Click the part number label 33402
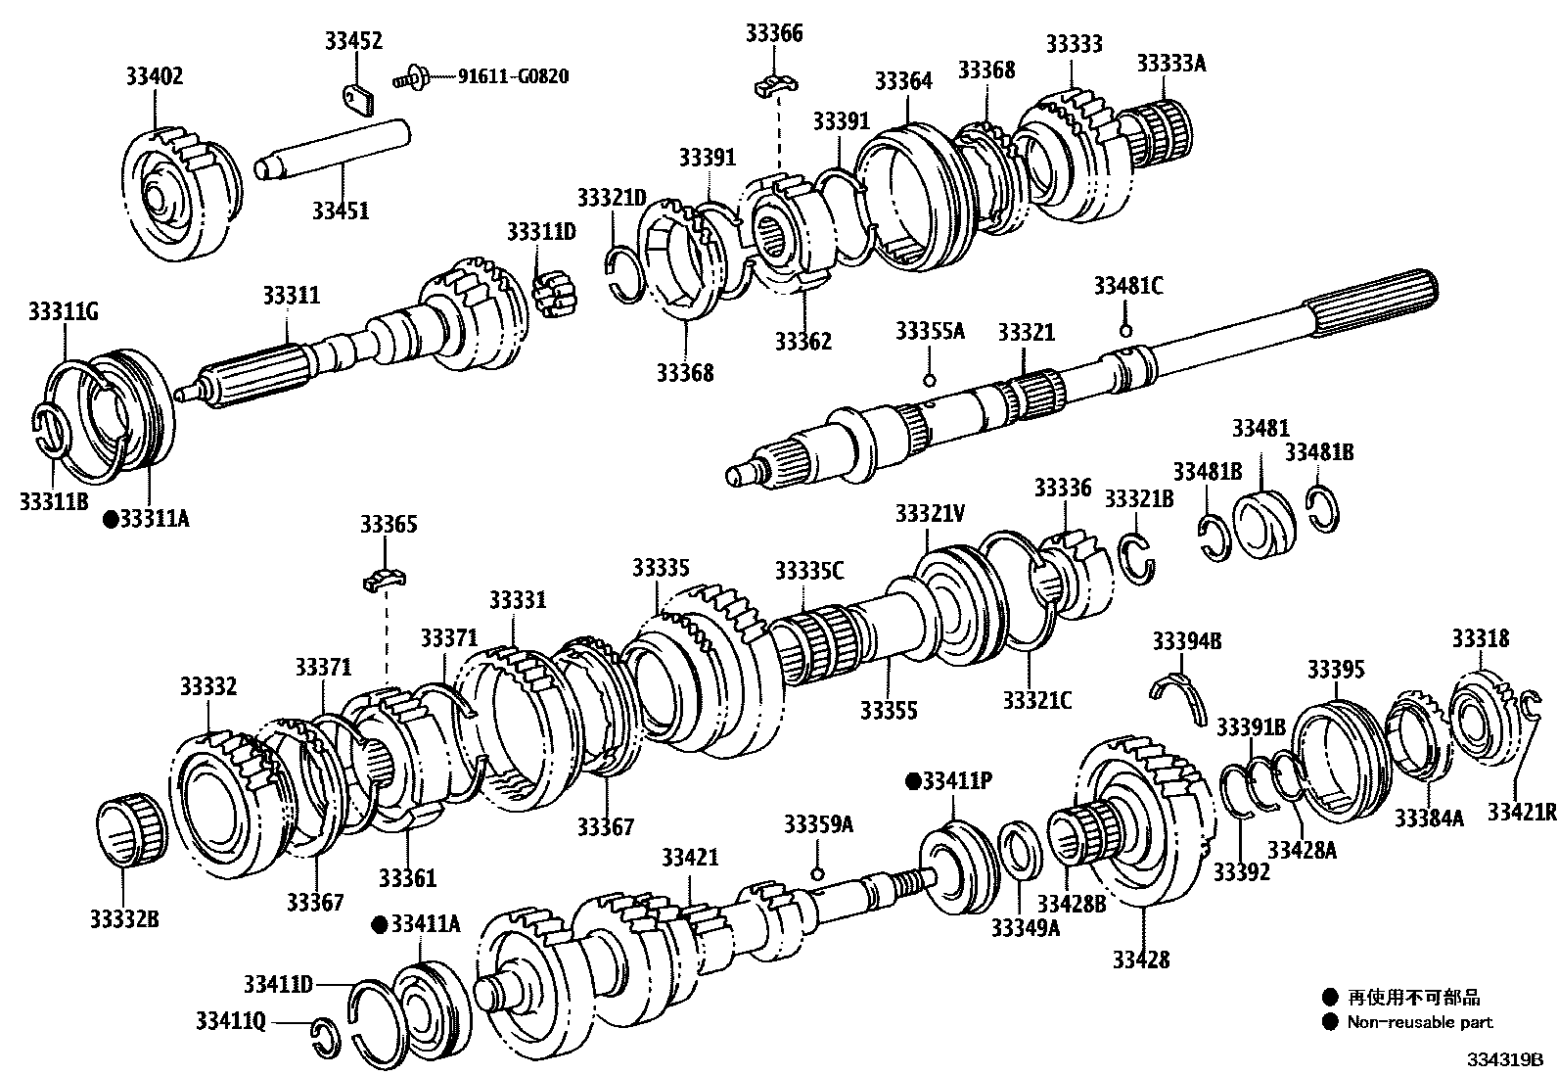click(x=154, y=76)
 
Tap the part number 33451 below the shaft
click(x=341, y=210)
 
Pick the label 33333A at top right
click(x=1170, y=64)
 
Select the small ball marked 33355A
click(x=930, y=379)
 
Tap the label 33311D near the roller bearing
click(x=541, y=232)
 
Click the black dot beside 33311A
click(x=111, y=519)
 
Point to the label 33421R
click(x=1522, y=811)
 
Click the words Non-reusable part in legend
click(x=1419, y=1022)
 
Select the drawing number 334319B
click(x=1503, y=1060)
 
